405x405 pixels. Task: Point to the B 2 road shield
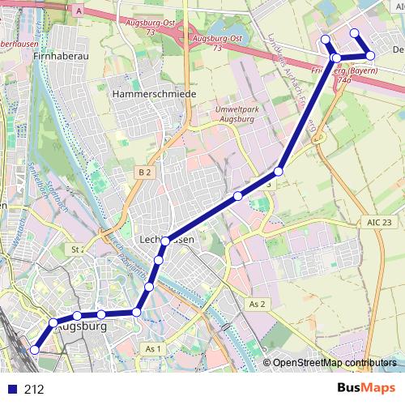point(144,172)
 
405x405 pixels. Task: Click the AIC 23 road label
point(377,222)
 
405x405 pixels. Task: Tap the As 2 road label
point(258,304)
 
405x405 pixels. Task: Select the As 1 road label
point(154,348)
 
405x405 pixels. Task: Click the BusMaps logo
point(365,389)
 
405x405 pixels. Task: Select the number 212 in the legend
point(34,389)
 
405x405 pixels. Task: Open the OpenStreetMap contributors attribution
point(334,363)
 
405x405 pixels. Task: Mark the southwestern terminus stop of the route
point(34,350)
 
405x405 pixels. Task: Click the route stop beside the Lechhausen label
point(166,241)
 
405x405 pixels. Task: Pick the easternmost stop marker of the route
point(370,55)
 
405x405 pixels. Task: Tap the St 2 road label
point(79,249)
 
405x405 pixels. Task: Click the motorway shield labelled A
point(79,11)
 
